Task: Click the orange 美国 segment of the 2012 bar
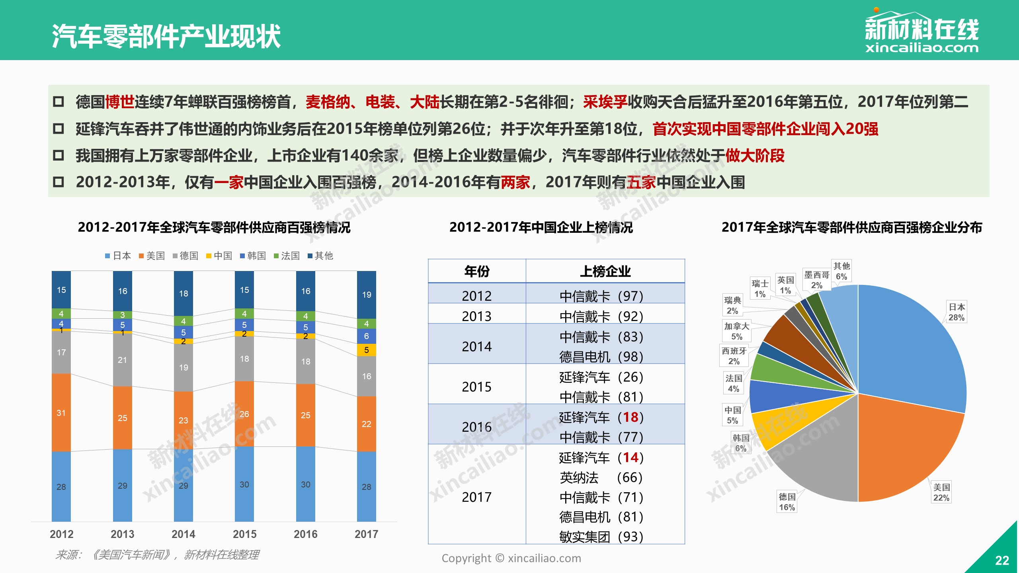coord(61,412)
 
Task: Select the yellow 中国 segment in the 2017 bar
coord(366,350)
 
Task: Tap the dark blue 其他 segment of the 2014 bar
coord(183,293)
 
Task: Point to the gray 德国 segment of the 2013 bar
coord(122,360)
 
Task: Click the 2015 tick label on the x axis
coord(244,534)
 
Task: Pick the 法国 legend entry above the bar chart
coord(287,256)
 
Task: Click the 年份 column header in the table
coord(477,271)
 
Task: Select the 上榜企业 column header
coord(605,271)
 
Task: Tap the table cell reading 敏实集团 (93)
coord(601,537)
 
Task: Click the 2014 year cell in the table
coord(477,347)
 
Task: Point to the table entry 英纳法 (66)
coord(601,477)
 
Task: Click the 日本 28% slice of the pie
coord(916,350)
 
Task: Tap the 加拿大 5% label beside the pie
coord(736,331)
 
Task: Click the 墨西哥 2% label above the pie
coord(816,280)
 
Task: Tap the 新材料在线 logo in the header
coord(921,32)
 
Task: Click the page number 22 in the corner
coord(1002,561)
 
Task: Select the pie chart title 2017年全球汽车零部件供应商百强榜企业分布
coord(852,228)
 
